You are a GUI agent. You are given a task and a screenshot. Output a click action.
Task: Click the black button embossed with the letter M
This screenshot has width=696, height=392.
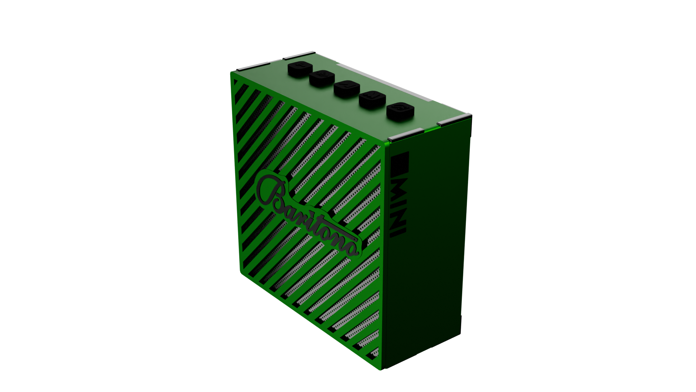coord(372,98)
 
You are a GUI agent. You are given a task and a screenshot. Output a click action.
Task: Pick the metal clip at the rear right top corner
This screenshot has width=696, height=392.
coord(455,119)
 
